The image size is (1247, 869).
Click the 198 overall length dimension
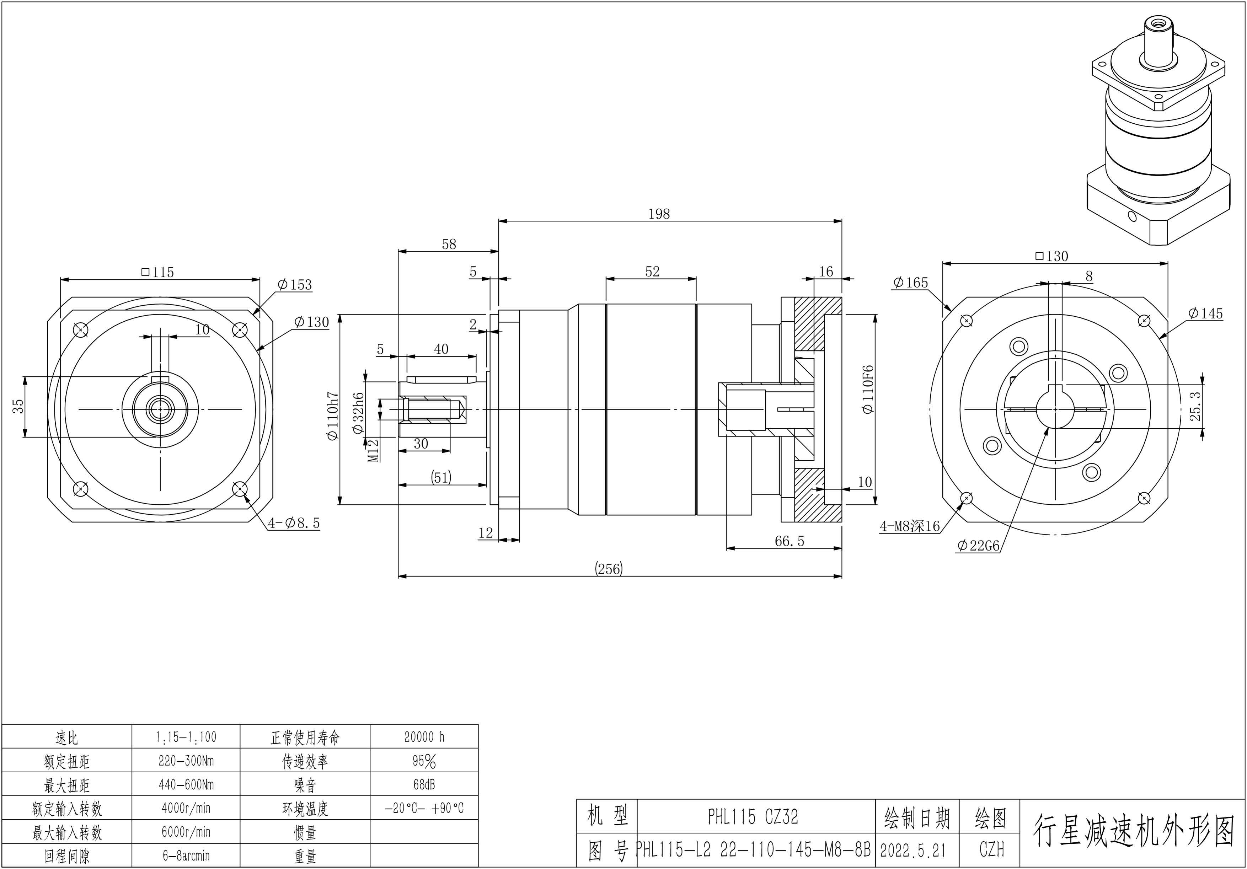point(659,214)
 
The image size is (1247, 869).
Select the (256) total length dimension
point(609,569)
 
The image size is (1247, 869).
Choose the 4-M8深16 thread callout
point(910,526)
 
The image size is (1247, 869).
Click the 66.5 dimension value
point(789,541)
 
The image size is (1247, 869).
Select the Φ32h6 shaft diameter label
point(358,413)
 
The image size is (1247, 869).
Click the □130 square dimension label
point(1051,256)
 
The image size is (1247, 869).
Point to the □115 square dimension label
point(157,272)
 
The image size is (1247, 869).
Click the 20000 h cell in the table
point(424,737)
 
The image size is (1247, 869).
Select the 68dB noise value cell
point(424,785)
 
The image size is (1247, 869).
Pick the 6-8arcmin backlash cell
point(186,856)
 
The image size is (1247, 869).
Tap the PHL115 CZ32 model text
point(753,817)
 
